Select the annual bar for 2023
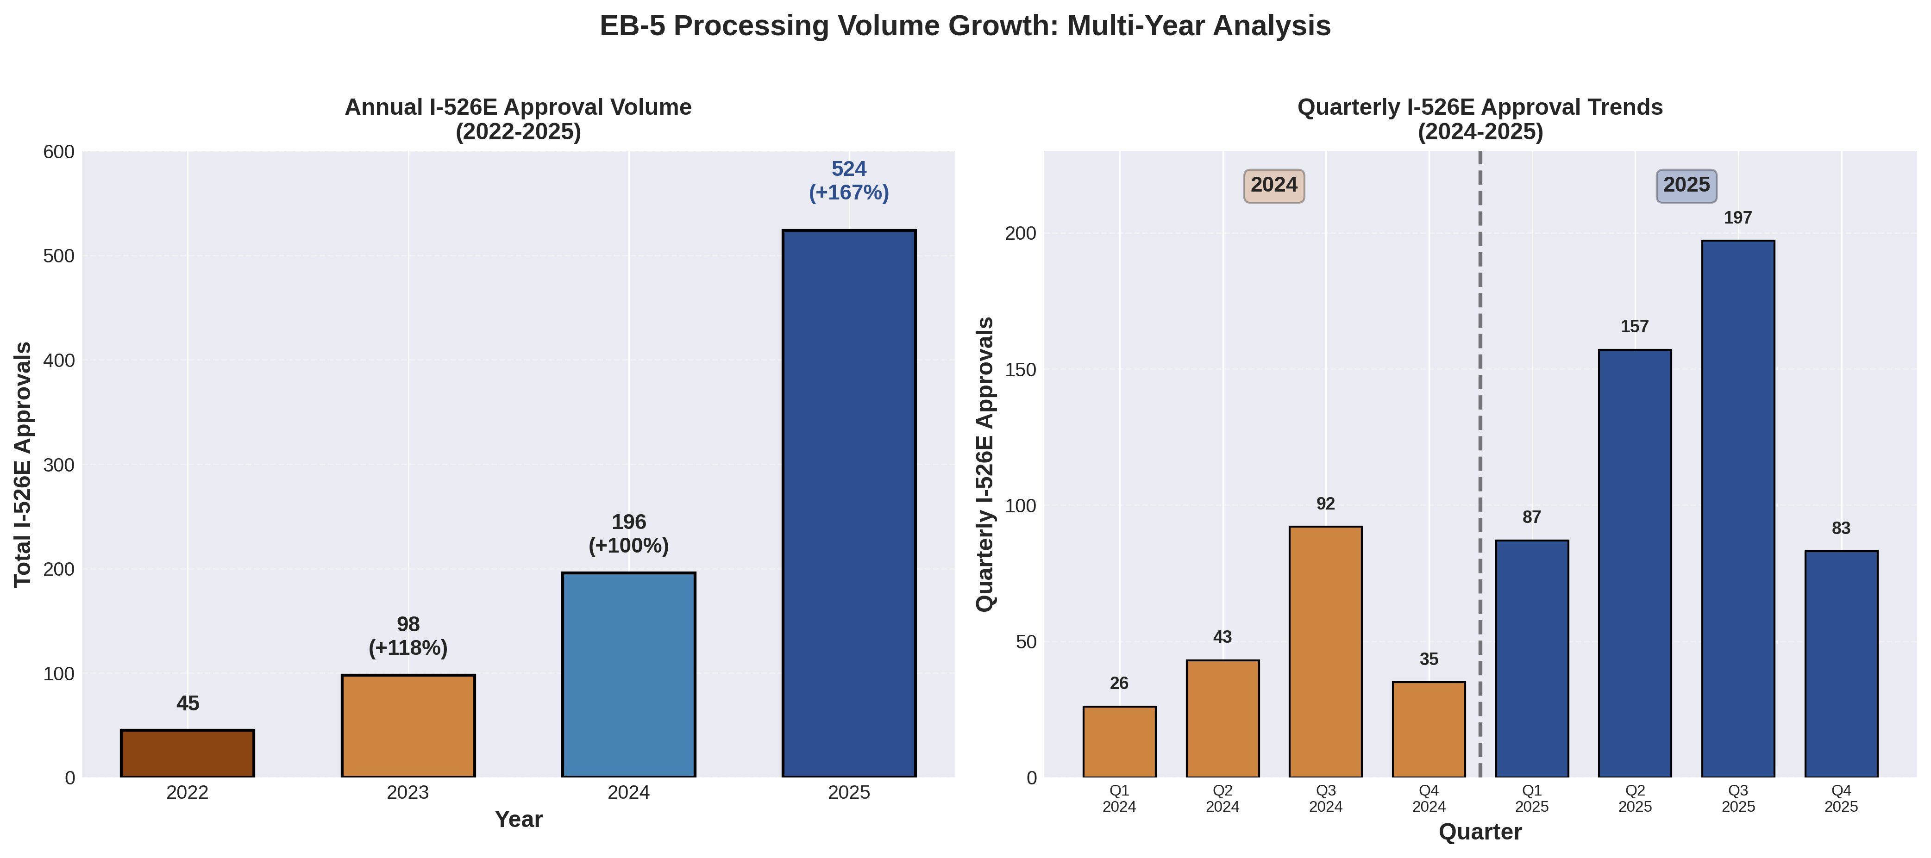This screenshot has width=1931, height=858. coord(408,725)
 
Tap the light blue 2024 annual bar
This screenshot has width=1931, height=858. coord(628,674)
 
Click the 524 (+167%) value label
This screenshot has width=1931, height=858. coord(848,180)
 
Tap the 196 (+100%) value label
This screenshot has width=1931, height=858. coord(628,534)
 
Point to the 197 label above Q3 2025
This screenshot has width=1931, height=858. coord(1737,218)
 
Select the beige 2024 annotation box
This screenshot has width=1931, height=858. coord(1273,185)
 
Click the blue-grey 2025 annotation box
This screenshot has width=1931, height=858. coord(1686,185)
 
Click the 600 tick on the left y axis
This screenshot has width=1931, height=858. coord(59,152)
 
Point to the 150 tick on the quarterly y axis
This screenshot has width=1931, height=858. coord(1020,369)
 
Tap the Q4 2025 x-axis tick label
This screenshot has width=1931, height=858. coord(1841,798)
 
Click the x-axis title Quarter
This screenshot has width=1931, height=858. coord(1480,832)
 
